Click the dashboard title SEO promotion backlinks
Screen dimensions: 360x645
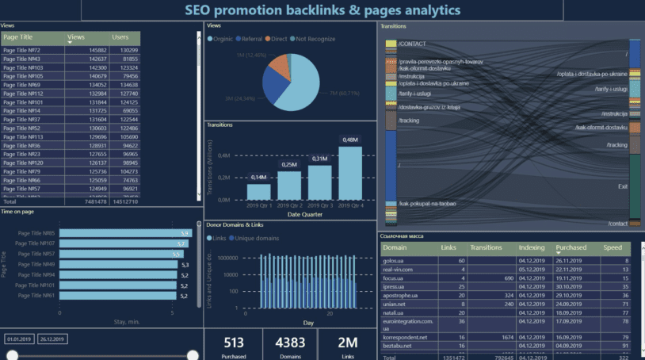[322, 10]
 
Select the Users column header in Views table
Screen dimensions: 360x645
[120, 36]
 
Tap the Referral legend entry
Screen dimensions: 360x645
[251, 38]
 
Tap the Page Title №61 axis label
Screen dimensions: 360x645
[38, 295]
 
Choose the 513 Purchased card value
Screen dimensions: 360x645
[234, 343]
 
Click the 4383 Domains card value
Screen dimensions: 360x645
[289, 343]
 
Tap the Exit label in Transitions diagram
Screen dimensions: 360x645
[622, 186]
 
